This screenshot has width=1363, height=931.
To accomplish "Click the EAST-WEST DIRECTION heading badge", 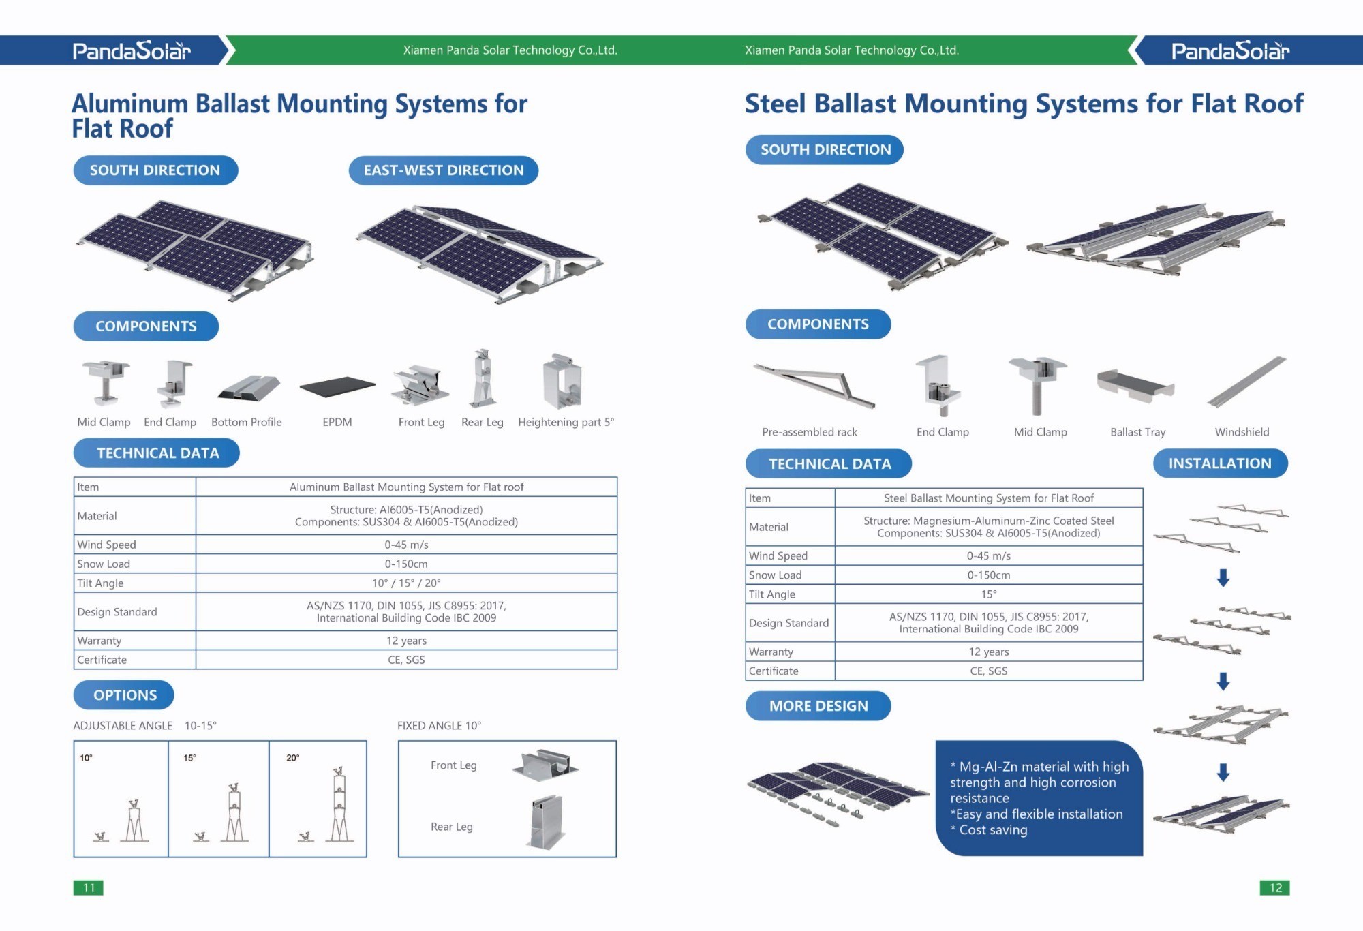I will coord(443,170).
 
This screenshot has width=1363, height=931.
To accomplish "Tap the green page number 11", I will coord(89,887).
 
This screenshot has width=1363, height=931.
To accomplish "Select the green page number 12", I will coord(1275,887).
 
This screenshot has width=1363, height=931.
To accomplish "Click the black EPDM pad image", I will coord(337,387).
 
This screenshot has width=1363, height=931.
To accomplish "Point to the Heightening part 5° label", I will coord(566,423).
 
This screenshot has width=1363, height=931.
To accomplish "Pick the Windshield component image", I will coord(1246,382).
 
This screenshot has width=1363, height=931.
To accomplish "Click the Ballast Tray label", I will coord(1137,432).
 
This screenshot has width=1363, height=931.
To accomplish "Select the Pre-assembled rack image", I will coord(814,385).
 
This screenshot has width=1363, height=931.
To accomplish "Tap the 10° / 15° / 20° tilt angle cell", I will coord(406,583).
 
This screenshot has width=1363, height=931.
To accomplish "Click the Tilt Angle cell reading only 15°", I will coord(988,594).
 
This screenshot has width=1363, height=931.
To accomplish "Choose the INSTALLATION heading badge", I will coord(1220,463).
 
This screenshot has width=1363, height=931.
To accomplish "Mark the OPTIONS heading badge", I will coord(125,695).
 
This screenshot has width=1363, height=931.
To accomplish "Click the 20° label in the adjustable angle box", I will coord(293,758).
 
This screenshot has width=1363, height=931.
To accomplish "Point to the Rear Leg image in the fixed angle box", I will coord(547,822).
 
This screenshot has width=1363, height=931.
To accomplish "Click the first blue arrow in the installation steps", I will coord(1223,578).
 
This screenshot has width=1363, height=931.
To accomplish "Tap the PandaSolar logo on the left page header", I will coord(132,51).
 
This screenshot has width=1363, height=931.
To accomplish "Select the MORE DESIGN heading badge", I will coord(818,706).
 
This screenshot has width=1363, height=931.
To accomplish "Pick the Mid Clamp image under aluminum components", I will coord(106,382).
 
